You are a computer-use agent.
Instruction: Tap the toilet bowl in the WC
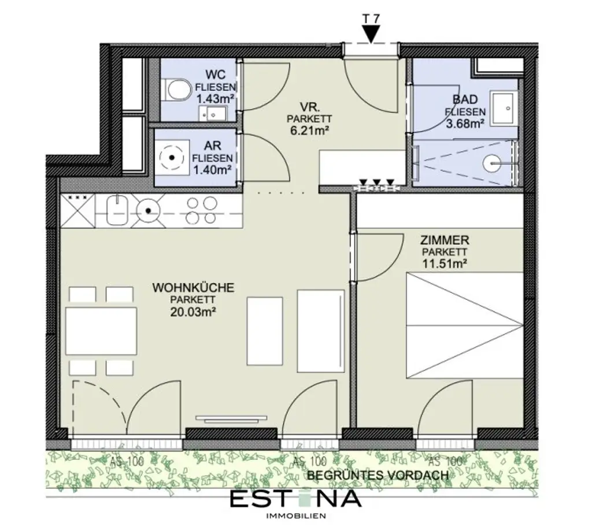pos(176,90)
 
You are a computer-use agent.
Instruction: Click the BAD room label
pos(465,99)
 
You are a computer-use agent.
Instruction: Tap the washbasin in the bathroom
pos(505,106)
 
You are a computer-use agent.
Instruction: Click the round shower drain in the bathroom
pos(494,163)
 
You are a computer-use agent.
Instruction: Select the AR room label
pos(212,146)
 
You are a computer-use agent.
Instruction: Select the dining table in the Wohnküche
pos(101,331)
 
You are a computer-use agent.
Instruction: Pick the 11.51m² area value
pos(445,263)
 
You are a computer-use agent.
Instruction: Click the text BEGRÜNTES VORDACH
pos(378,475)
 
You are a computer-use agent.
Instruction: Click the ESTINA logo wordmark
pos(295,498)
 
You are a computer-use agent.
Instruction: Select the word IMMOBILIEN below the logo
pos(295,515)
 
